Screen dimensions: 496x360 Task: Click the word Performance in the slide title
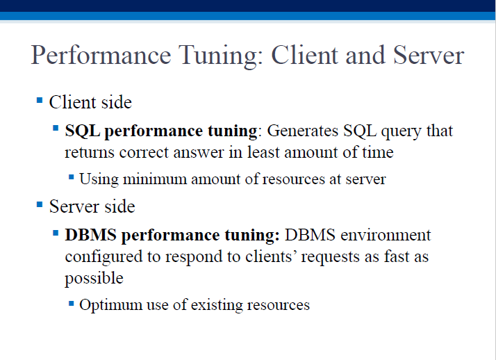pos(101,56)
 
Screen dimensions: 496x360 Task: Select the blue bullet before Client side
pos(40,101)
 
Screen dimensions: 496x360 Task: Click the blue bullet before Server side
pos(40,204)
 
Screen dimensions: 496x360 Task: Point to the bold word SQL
pos(83,131)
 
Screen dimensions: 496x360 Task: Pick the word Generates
pos(302,131)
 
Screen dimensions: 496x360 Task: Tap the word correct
pos(144,152)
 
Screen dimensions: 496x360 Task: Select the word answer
pos(199,153)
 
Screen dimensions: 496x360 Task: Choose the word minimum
pos(155,179)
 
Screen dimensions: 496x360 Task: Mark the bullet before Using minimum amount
pos(71,177)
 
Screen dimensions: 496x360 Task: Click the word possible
pos(94,279)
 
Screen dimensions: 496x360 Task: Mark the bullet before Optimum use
pos(71,304)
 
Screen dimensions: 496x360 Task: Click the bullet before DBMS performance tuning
pos(56,233)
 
